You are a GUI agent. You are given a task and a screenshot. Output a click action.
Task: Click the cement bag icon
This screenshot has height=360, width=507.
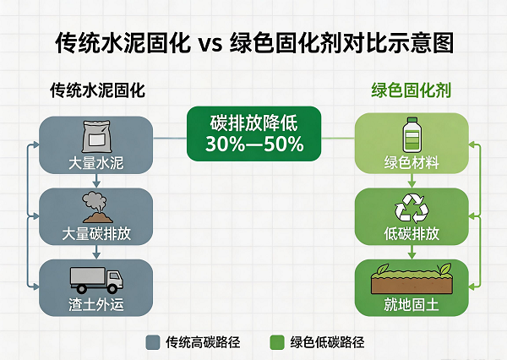(96, 137)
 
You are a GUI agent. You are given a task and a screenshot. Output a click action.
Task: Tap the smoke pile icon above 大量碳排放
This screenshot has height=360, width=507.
(96, 207)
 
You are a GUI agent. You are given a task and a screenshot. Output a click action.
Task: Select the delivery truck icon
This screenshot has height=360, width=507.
(96, 280)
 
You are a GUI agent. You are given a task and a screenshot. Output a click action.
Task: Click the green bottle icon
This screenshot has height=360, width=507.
(412, 134)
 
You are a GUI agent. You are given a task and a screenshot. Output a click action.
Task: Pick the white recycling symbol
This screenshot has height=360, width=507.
(412, 208)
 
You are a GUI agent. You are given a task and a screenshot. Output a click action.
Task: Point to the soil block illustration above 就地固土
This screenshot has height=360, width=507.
(412, 279)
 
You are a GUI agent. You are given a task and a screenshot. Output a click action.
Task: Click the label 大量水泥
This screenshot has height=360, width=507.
(96, 163)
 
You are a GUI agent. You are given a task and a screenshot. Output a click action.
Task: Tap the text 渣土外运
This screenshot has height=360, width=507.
(96, 304)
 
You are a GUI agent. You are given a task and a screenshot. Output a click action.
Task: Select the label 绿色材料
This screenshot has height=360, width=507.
(412, 162)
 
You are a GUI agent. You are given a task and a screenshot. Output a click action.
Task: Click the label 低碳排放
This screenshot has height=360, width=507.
(412, 233)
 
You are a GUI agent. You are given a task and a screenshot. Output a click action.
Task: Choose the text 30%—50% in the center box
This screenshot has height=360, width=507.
(254, 145)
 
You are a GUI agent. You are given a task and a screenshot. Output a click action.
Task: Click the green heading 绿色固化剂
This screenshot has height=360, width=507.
(411, 90)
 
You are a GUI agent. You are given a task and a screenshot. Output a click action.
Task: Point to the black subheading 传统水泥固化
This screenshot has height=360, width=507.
(98, 90)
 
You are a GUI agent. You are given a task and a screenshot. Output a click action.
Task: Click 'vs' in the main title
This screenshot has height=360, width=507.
(210, 44)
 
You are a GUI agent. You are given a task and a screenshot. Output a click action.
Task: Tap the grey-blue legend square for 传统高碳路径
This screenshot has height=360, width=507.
(153, 342)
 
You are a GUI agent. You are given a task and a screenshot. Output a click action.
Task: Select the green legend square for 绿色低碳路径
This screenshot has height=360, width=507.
(277, 342)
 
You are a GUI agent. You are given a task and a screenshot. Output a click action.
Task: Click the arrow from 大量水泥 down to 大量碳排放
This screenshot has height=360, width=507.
(96, 181)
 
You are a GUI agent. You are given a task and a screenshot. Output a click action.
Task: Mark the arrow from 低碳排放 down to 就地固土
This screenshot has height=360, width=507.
(412, 252)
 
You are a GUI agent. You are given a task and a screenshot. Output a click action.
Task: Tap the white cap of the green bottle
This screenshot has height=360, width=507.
(412, 120)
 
